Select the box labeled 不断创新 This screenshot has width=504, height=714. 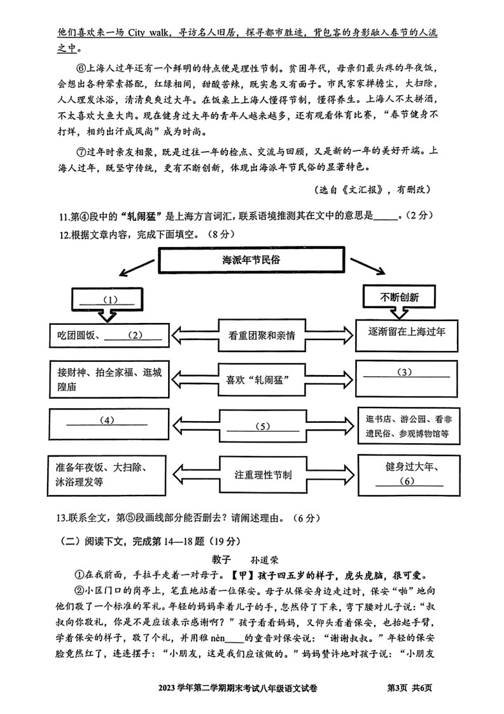click(x=399, y=297)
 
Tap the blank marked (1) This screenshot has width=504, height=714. click(x=103, y=299)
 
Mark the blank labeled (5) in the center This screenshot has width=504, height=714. click(x=258, y=426)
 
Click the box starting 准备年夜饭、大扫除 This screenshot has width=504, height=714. click(x=106, y=475)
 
